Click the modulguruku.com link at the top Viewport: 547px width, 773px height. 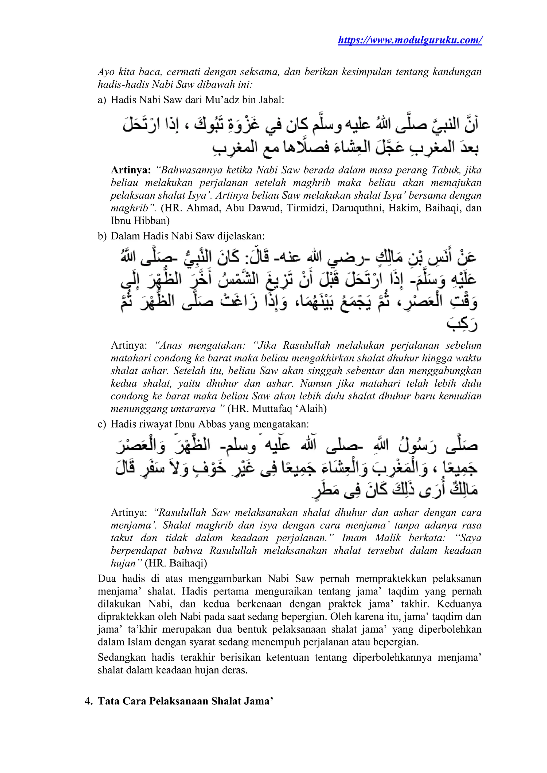[410, 40]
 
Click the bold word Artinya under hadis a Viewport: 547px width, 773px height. [131, 170]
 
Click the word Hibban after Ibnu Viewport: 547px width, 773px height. [153, 220]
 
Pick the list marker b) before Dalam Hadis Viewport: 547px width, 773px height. [102, 236]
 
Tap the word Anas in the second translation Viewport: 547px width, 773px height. [170, 345]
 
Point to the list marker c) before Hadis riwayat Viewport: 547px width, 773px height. [102, 424]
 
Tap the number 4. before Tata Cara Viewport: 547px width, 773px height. [89, 701]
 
